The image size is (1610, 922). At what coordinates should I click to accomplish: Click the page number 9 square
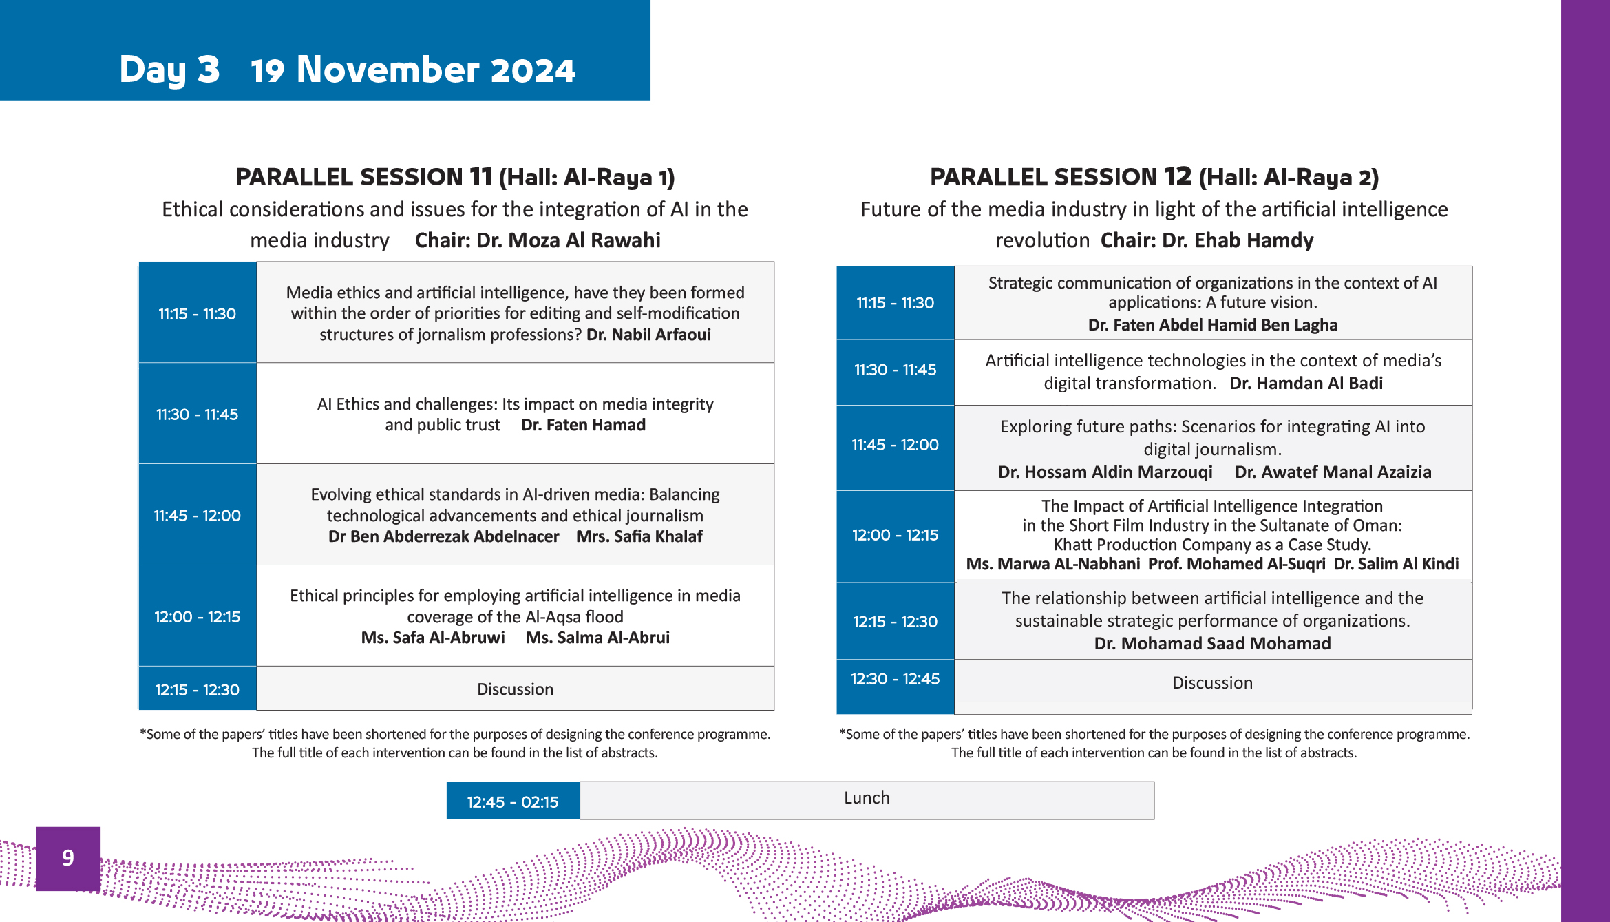pos(68,858)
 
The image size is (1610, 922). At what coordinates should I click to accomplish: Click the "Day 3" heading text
pos(169,70)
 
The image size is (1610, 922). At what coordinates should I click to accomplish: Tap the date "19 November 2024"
pos(413,70)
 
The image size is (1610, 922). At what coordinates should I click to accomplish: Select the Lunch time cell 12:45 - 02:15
pos(513,801)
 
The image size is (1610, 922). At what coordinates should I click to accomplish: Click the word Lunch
pos(867,797)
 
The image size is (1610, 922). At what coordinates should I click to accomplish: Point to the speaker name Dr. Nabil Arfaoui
pos(648,335)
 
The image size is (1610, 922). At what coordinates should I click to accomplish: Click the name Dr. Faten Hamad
pos(583,425)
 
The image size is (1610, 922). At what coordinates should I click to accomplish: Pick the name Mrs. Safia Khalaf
pos(639,536)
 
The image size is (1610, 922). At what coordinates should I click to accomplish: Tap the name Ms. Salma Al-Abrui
pos(597,638)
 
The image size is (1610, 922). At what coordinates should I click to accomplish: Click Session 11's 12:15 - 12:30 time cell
pos(198,689)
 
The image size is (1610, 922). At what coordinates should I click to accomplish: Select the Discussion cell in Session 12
pos(1213,683)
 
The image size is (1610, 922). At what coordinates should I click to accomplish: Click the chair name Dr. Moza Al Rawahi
pos(538,240)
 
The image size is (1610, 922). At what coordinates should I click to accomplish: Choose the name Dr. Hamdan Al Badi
pos(1306,384)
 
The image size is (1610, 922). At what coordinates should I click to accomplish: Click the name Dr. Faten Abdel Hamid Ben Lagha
pos(1213,325)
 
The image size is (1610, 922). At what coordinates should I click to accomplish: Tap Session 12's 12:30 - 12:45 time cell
pos(896,687)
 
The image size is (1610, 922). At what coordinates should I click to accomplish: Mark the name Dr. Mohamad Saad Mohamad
pos(1213,644)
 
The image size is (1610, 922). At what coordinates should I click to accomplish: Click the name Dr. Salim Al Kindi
pos(1396,564)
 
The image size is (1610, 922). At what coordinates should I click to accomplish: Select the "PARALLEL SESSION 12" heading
pos(1061,177)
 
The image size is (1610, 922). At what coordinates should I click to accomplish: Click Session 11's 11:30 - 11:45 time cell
pos(198,414)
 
